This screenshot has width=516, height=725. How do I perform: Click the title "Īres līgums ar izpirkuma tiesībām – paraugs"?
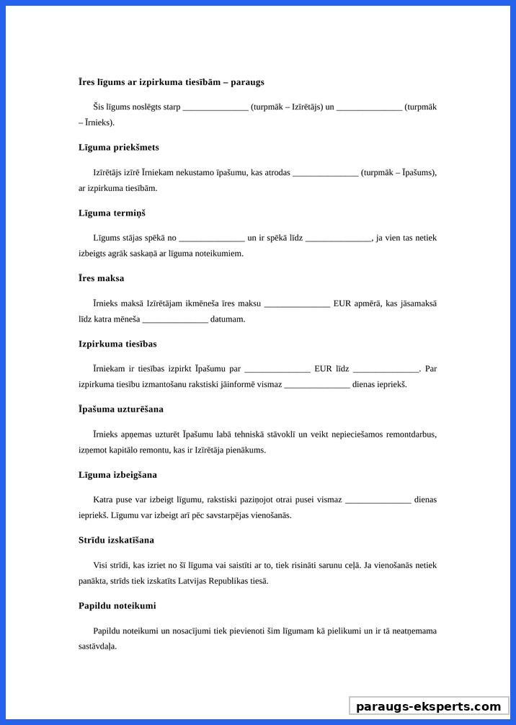click(171, 82)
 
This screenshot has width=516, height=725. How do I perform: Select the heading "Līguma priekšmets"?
click(119, 147)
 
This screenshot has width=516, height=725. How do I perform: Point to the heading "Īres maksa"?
click(101, 278)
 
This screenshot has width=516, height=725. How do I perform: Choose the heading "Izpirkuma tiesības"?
click(117, 344)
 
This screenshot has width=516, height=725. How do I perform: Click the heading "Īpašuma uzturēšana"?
click(121, 409)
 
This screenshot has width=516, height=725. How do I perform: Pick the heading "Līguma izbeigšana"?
click(117, 475)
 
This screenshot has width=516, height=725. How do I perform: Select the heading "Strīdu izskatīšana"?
click(116, 540)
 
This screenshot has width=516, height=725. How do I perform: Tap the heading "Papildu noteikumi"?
click(117, 605)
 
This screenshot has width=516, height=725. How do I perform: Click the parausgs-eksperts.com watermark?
click(429, 706)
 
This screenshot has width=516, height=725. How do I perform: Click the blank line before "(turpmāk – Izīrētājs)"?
click(215, 107)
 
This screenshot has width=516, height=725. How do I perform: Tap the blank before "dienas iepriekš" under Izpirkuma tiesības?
click(317, 385)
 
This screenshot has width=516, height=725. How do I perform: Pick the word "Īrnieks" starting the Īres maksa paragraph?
click(107, 303)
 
